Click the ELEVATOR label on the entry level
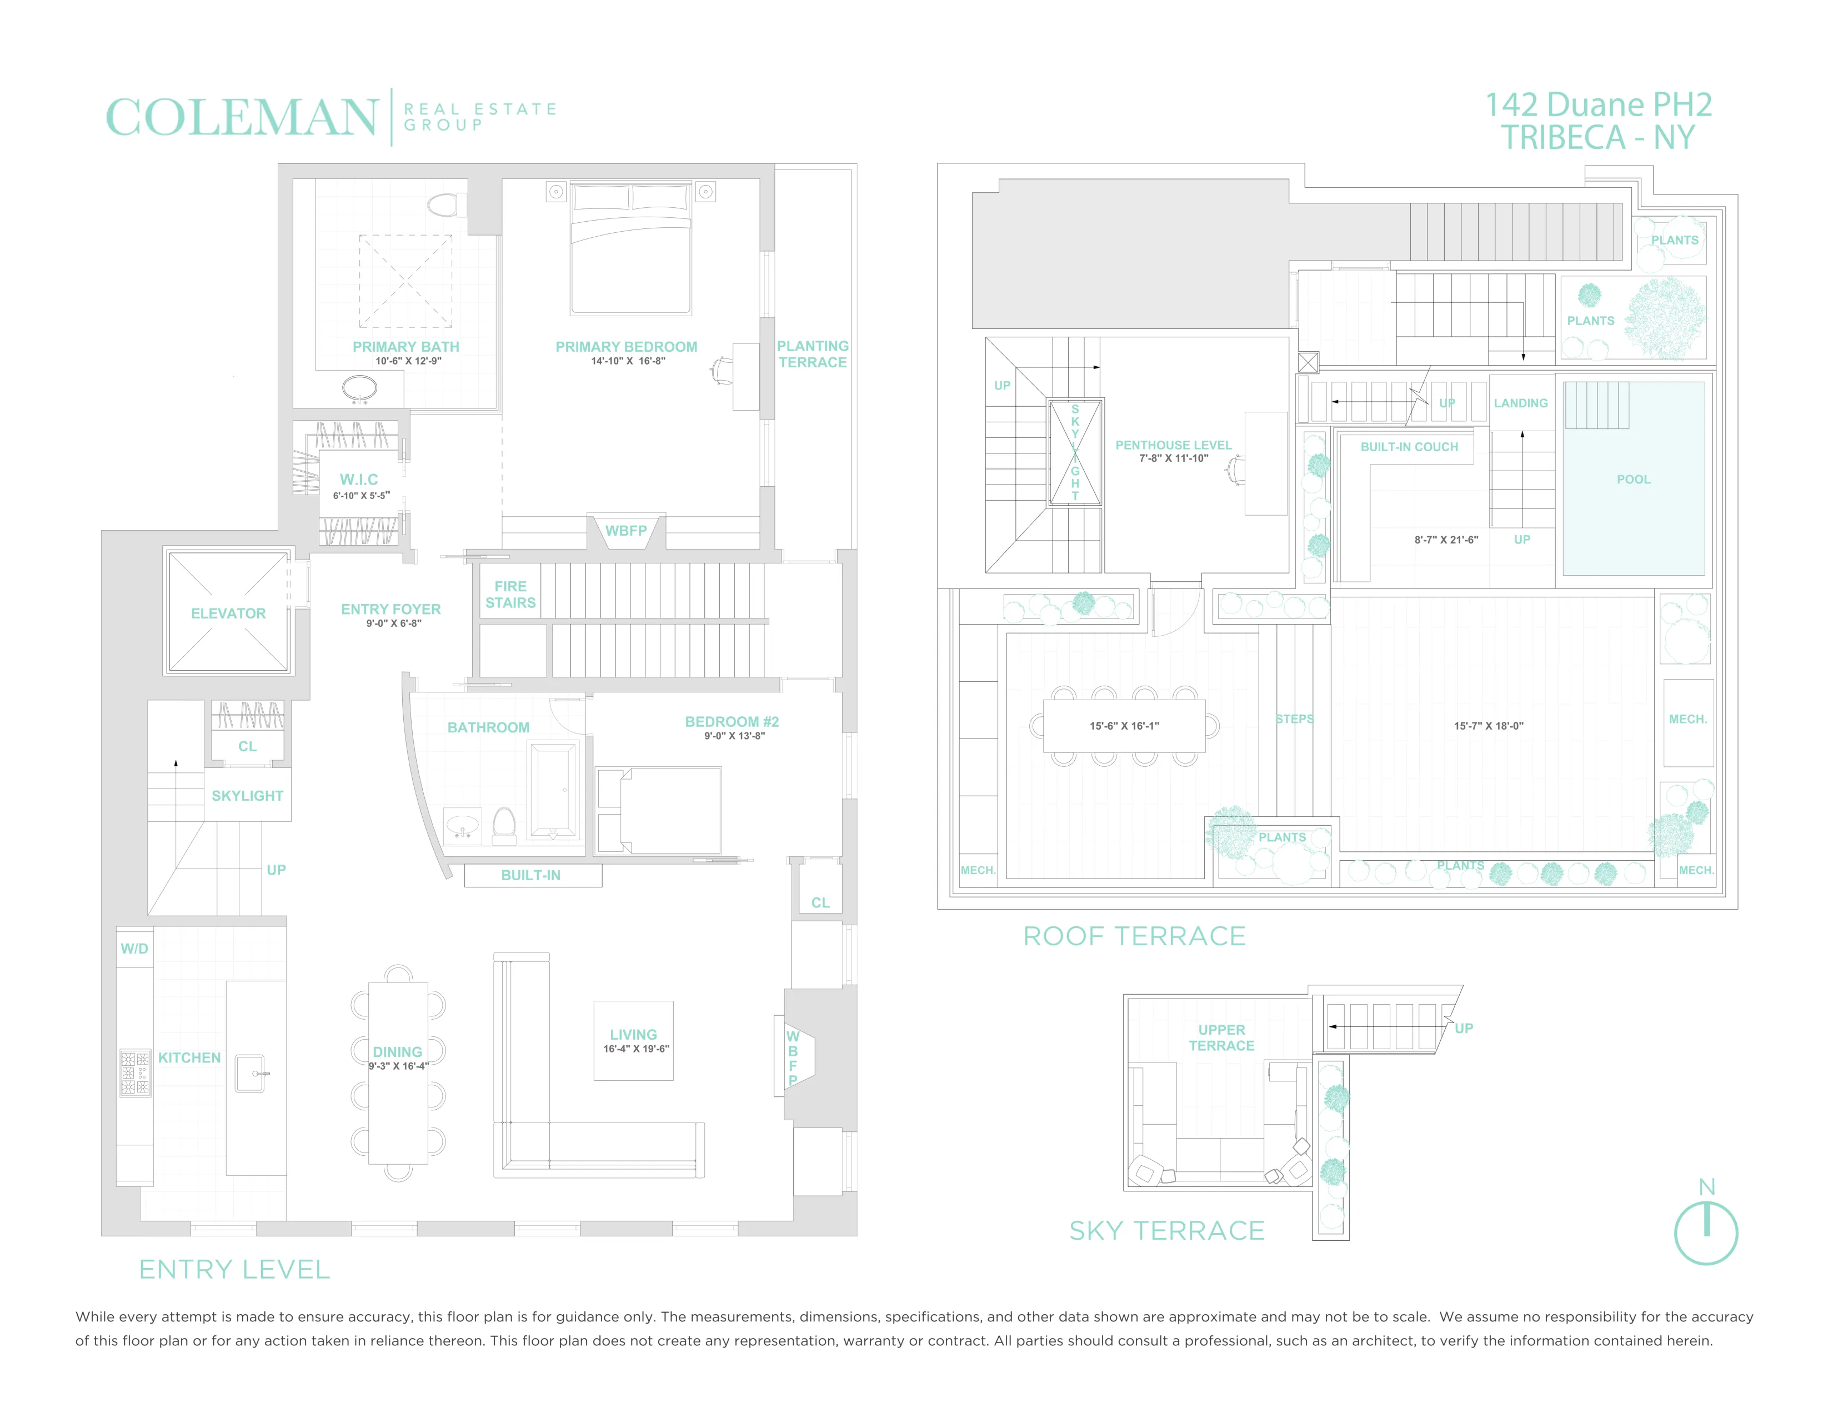tap(228, 613)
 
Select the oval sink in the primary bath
tap(359, 388)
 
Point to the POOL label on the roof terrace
tap(1633, 480)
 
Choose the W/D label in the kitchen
tap(134, 949)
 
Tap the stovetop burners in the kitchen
tap(135, 1073)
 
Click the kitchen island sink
tap(250, 1073)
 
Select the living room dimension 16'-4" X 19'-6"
tap(636, 1049)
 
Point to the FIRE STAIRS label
tap(510, 595)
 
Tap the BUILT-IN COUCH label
tap(1409, 447)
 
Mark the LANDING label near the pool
tap(1521, 403)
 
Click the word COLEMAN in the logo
tap(242, 117)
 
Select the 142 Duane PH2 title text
tap(1598, 105)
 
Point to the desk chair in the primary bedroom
tap(721, 370)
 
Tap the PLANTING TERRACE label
tap(813, 355)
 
